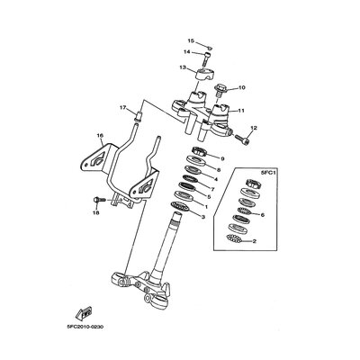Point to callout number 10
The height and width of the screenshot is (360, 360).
point(242,87)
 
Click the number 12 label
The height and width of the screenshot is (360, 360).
point(254,128)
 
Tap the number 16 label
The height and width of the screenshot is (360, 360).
point(100,136)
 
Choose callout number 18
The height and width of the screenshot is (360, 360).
point(97,212)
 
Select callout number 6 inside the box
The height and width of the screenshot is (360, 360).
point(263,215)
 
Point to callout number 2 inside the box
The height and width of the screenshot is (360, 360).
point(255,241)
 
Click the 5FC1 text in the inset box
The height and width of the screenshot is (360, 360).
point(265,173)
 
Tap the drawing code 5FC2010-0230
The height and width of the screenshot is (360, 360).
point(85,327)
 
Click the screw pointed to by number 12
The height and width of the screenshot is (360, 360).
point(242,139)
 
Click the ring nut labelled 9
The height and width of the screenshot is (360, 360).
point(198,151)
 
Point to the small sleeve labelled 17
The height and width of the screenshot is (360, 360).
point(139,116)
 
